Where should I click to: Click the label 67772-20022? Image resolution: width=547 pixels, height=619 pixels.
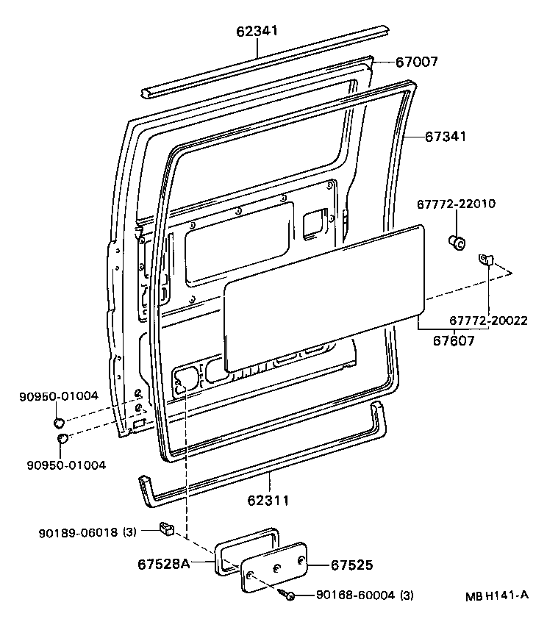[x=488, y=321]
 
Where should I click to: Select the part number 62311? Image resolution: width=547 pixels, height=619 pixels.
[x=268, y=500]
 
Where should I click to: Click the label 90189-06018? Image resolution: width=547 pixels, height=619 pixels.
[x=80, y=532]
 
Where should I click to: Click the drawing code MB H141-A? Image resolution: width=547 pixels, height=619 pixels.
[x=496, y=595]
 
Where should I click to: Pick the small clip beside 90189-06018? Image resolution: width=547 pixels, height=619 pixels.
[x=166, y=527]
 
